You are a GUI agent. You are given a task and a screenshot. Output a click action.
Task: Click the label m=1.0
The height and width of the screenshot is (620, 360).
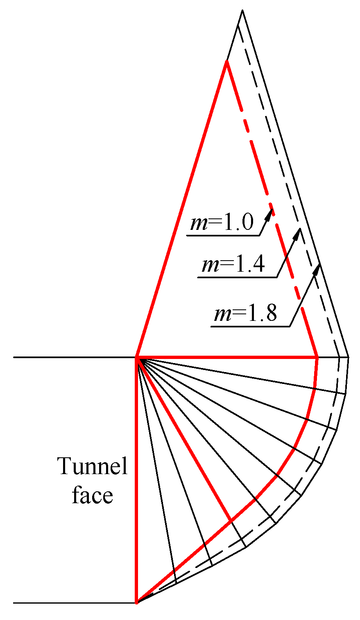222,224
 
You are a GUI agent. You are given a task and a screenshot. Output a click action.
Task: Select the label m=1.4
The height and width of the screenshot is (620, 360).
233,266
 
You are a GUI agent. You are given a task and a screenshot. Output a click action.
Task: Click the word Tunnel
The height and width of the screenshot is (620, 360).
93,467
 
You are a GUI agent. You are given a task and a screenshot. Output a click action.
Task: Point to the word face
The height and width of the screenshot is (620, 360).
93,495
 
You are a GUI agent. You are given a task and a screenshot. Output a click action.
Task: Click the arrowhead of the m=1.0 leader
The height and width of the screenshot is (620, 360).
271,211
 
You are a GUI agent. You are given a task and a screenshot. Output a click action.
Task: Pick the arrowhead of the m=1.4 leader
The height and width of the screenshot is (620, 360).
299,230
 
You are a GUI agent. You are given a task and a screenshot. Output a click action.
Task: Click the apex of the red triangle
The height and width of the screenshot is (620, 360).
226,61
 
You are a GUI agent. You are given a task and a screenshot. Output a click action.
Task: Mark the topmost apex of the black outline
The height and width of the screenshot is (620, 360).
242,11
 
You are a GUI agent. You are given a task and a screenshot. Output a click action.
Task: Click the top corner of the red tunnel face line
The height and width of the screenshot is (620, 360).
136,358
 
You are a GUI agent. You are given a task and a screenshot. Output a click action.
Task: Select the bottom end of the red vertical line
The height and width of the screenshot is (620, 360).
136,603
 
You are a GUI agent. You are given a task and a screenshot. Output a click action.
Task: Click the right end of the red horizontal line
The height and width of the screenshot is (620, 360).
318,358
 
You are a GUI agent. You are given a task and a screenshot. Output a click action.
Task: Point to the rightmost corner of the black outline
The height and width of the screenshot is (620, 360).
349,358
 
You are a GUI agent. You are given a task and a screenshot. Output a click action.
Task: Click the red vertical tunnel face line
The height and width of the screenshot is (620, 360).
136,479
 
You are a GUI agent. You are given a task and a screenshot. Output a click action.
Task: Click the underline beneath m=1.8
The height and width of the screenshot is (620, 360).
250,327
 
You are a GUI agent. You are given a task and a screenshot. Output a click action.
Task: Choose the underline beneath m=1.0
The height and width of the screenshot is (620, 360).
223,236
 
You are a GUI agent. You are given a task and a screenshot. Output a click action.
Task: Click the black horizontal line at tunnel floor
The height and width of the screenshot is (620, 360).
74,603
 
